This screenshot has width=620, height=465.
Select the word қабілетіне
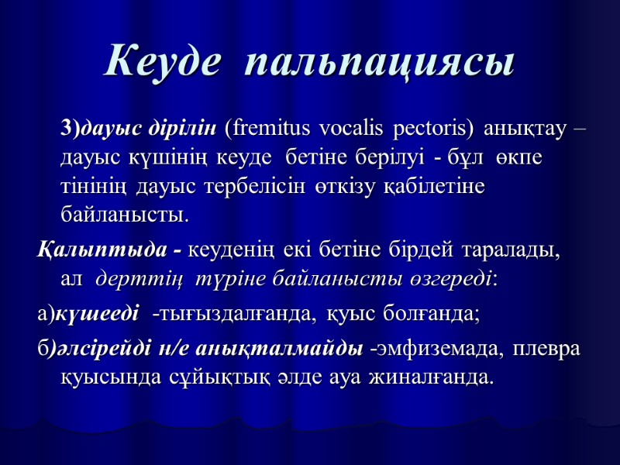click(x=441, y=185)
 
